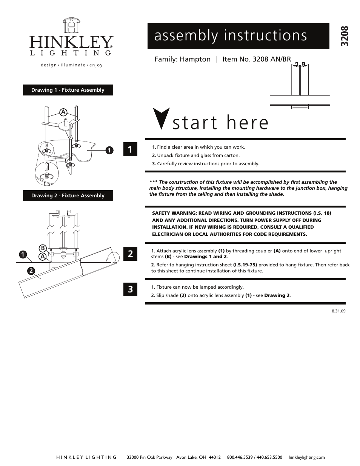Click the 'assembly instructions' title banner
pos(238,36)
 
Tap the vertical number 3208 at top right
pos(345,36)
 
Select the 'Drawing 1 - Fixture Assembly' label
pos(68,90)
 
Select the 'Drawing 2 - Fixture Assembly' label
pos(68,195)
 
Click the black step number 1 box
pos(130,149)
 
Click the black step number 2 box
pos(130,254)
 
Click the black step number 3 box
pos(130,289)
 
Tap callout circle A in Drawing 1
pos(63,112)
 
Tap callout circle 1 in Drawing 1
pos(109,150)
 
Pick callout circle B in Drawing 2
pos(43,248)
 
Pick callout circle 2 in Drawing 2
pos(31,271)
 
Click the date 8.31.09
pos(338,311)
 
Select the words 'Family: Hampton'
pos(183,59)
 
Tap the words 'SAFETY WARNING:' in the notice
pos(174,213)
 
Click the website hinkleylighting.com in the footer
pos(306,457)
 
